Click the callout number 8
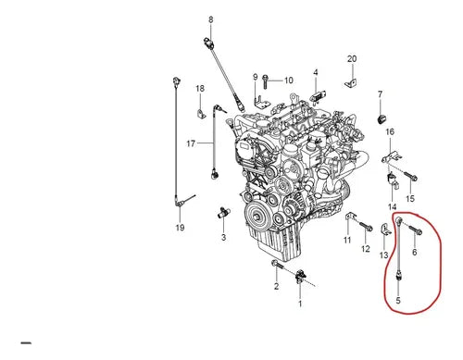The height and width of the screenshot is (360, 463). tap(211, 19)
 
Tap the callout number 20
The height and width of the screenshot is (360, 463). tap(352, 58)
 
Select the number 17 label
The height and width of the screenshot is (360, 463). tap(191, 143)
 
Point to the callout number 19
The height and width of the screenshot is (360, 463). tap(180, 228)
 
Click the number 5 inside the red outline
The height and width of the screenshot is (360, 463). tap(398, 300)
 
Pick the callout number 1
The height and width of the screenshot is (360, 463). tap(300, 304)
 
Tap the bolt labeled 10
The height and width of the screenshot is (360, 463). tap(265, 81)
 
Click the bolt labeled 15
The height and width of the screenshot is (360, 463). tap(411, 176)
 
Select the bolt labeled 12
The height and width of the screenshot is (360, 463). tap(366, 227)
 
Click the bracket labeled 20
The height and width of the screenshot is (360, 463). tap(351, 83)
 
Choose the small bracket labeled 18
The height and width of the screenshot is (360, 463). tap(202, 113)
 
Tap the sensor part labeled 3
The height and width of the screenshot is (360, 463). tap(223, 213)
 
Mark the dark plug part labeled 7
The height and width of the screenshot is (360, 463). tap(382, 119)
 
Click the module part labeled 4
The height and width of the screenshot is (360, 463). tap(317, 96)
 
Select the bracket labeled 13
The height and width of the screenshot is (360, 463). tap(385, 230)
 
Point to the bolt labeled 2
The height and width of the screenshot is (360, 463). tap(277, 265)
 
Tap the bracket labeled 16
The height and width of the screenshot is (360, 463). tap(392, 156)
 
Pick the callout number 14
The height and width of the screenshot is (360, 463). tap(393, 206)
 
